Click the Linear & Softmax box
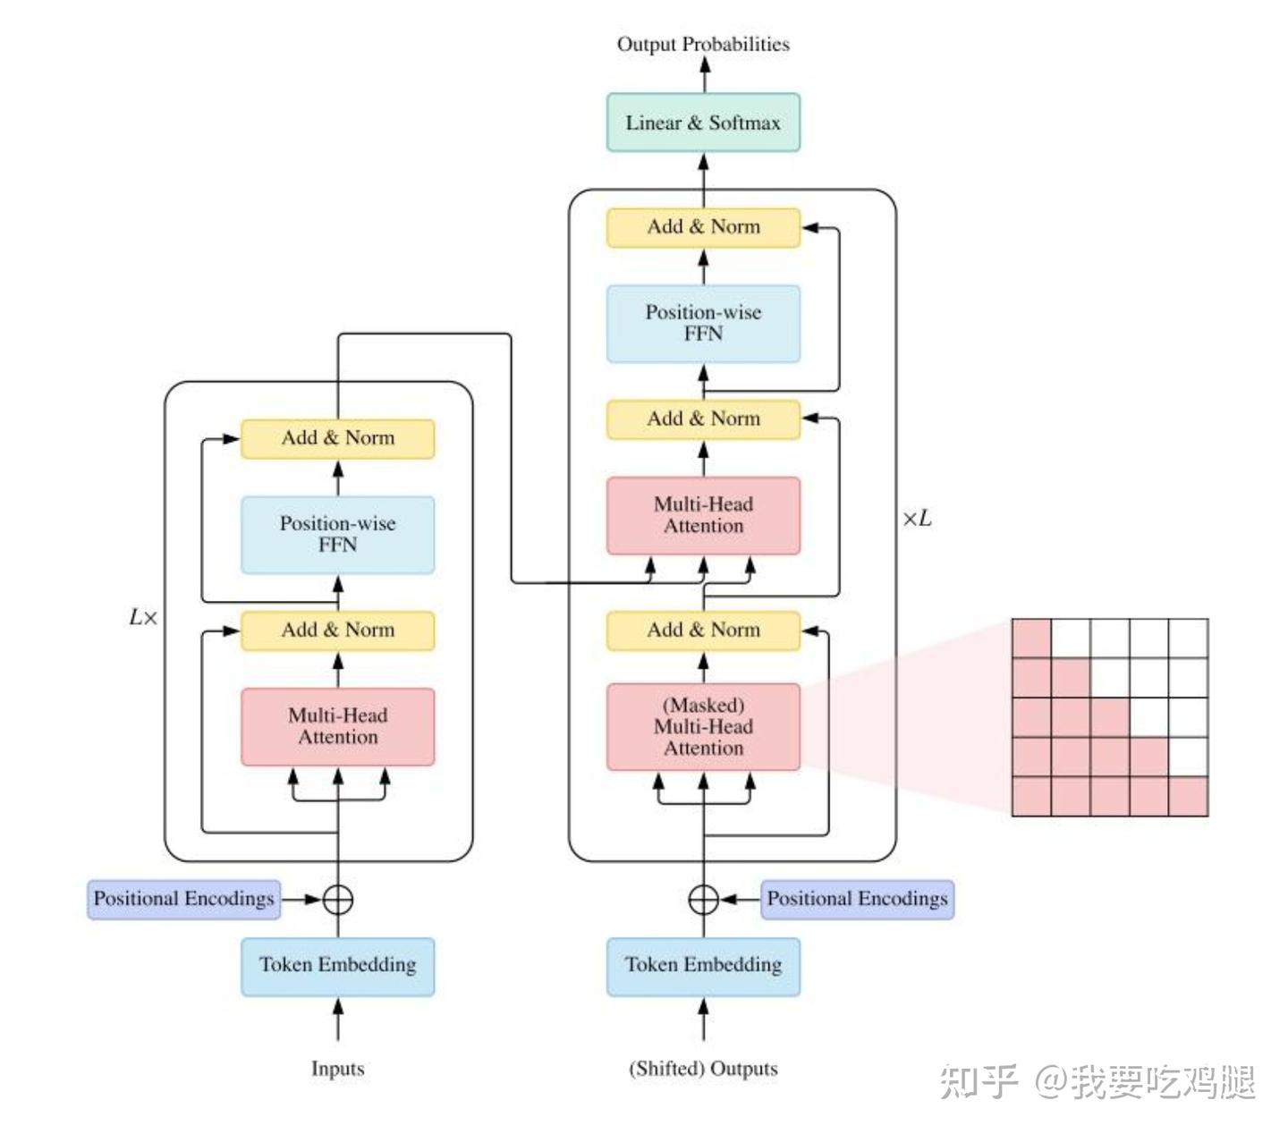[703, 123]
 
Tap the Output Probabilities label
[703, 44]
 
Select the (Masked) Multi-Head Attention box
[703, 726]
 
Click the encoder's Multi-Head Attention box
[337, 726]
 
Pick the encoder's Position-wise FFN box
[337, 534]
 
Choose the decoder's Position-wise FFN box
[703, 323]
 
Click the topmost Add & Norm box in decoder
[703, 227]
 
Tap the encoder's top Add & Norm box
[337, 438]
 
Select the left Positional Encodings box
[183, 899]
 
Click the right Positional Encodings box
[857, 899]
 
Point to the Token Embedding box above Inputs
[337, 966]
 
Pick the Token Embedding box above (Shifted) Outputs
[703, 966]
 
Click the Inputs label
[337, 1069]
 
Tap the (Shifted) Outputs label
[703, 1069]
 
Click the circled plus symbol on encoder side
[337, 899]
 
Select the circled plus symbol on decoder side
[703, 899]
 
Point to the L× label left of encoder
[143, 617]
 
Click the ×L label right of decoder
[916, 519]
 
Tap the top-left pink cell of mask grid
[1031, 639]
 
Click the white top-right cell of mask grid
[1188, 639]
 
